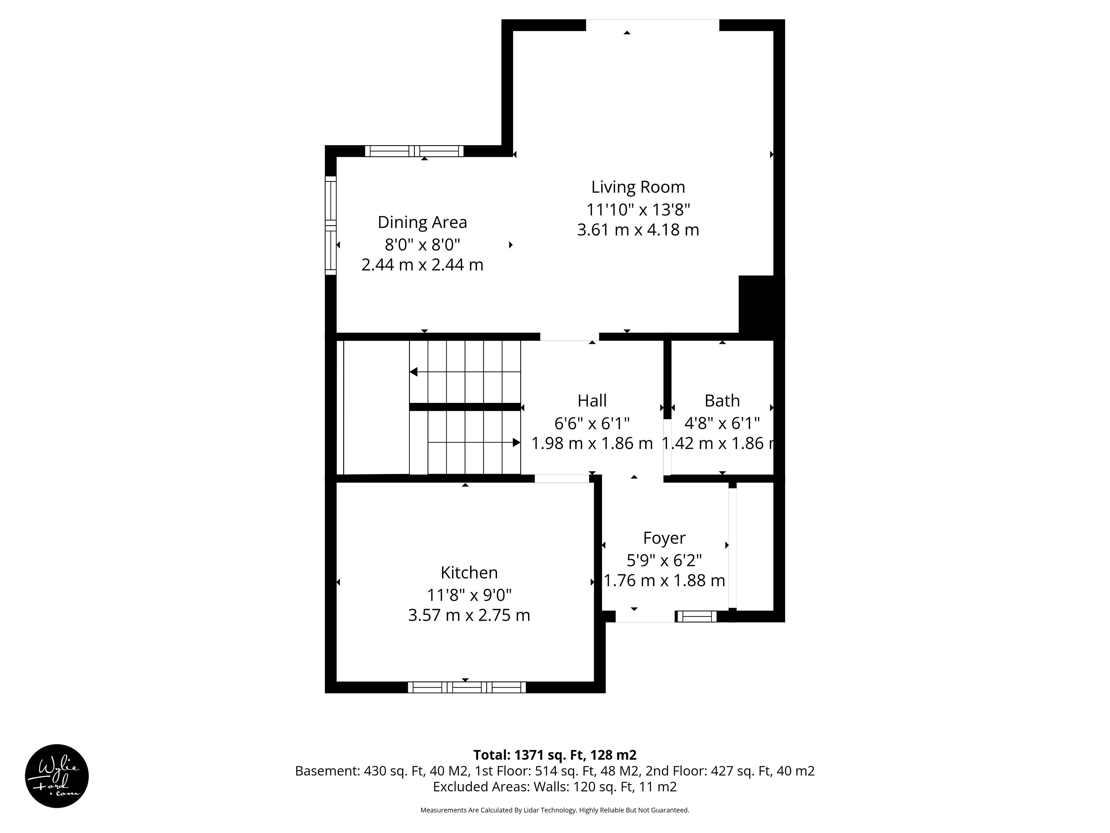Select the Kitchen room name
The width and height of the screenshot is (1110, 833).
(469, 572)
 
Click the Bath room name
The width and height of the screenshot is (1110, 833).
(722, 401)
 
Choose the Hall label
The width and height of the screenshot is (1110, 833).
(592, 401)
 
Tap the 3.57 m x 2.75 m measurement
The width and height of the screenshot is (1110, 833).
(469, 615)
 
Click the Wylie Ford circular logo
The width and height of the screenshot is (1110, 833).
(57, 776)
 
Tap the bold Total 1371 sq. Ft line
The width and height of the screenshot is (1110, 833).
(555, 755)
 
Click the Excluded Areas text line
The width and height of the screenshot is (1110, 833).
(555, 786)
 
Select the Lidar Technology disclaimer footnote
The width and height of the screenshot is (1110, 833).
(555, 810)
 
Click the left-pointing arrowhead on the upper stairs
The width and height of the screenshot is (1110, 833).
(413, 372)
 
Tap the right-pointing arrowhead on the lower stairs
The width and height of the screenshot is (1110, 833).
(516, 442)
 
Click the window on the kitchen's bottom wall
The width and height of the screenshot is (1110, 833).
(467, 688)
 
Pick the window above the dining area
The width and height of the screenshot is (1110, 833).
(414, 151)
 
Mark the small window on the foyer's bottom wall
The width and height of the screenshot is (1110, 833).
(696, 617)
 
